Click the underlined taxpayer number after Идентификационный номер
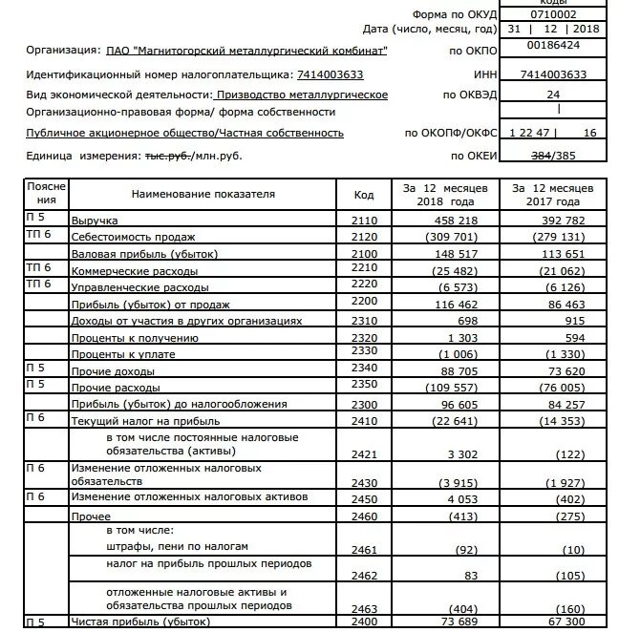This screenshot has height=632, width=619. pos(325,74)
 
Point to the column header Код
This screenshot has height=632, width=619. pos(363,194)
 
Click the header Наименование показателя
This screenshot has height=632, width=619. pos(203,194)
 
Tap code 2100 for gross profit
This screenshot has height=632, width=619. pos(363,253)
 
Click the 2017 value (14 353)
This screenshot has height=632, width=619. pos(557,420)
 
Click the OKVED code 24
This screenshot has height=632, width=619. pos(552,95)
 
